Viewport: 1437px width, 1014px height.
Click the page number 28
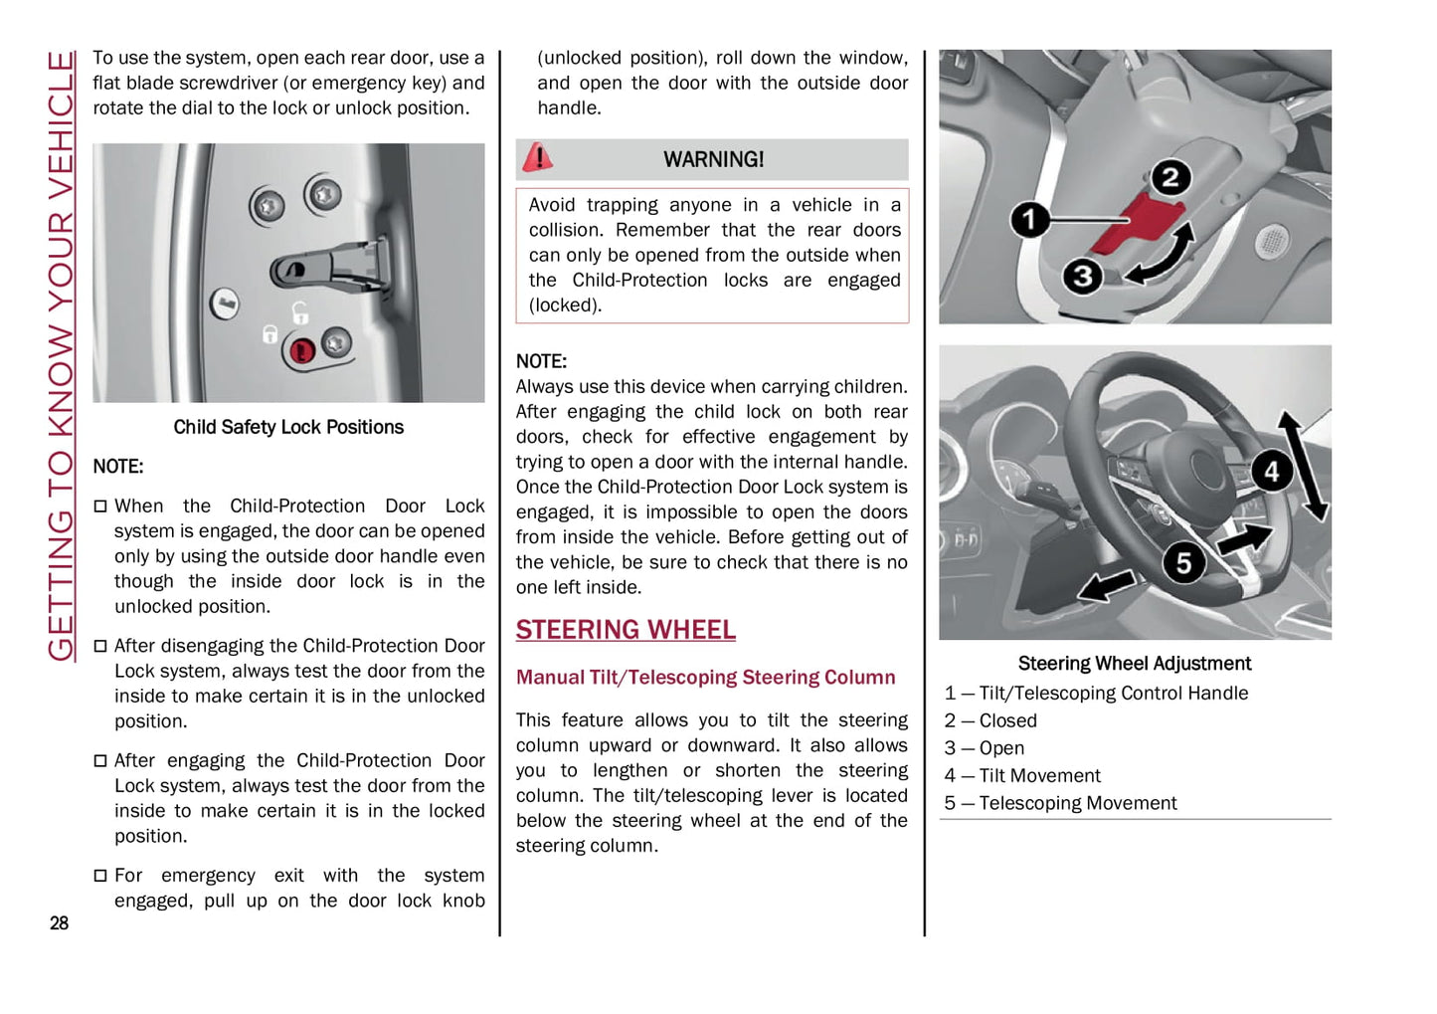pyautogui.click(x=59, y=923)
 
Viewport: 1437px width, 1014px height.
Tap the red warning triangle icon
pyautogui.click(x=538, y=157)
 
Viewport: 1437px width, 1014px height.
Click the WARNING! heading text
pyautogui.click(x=713, y=159)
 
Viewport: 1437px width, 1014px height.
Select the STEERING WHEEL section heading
pyautogui.click(x=626, y=630)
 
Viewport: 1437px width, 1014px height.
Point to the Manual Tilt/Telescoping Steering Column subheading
pyautogui.click(x=705, y=678)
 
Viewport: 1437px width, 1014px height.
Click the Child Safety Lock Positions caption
pyautogui.click(x=288, y=427)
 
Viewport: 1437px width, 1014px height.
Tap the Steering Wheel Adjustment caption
pyautogui.click(x=1134, y=664)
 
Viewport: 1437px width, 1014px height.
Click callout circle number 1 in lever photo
pyautogui.click(x=1029, y=219)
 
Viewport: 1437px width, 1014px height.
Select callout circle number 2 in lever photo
pyautogui.click(x=1169, y=178)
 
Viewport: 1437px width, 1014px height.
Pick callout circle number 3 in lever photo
pyautogui.click(x=1082, y=276)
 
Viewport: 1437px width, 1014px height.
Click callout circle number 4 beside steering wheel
pyautogui.click(x=1271, y=471)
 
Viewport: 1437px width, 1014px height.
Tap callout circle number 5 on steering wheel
pyautogui.click(x=1183, y=563)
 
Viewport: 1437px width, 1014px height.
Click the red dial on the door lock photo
pyautogui.click(x=301, y=350)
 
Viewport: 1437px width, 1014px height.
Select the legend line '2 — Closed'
pyautogui.click(x=990, y=720)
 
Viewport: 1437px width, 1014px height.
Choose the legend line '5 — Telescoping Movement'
pyautogui.click(x=1060, y=803)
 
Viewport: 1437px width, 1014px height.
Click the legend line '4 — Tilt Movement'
pyautogui.click(x=1022, y=775)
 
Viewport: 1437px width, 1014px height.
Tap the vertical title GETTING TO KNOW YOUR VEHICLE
pyautogui.click(x=61, y=355)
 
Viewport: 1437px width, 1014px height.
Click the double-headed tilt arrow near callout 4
pyautogui.click(x=1303, y=466)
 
